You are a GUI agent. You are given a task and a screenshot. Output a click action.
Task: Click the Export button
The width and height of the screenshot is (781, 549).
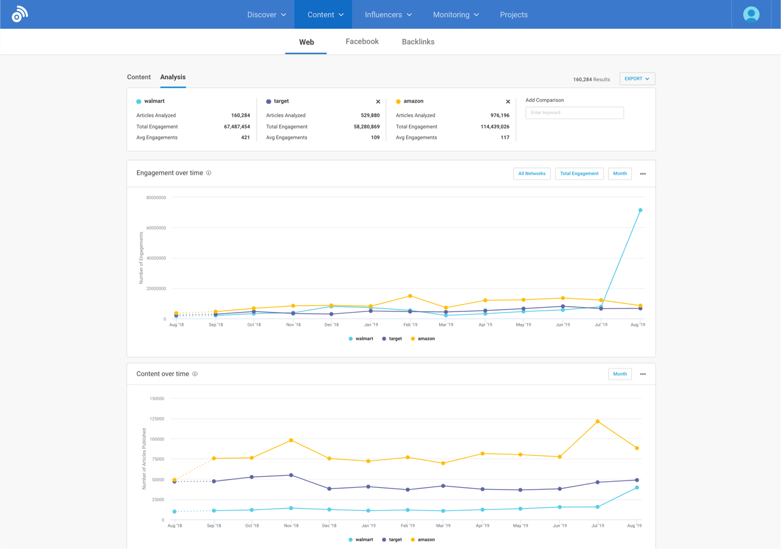pyautogui.click(x=637, y=79)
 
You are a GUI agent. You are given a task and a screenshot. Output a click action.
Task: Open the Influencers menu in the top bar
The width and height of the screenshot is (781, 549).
pyautogui.click(x=388, y=14)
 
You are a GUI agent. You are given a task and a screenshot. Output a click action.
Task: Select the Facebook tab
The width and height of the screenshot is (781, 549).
pyautogui.click(x=362, y=41)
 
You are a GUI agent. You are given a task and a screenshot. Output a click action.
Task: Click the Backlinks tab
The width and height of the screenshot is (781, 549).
pyautogui.click(x=418, y=42)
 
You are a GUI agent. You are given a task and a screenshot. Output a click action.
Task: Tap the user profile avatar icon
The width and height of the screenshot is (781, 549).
pyautogui.click(x=751, y=14)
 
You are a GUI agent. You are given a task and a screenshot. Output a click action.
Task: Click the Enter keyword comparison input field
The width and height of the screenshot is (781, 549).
pyautogui.click(x=574, y=113)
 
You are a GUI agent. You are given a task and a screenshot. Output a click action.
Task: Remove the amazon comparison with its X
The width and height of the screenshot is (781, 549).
pyautogui.click(x=508, y=102)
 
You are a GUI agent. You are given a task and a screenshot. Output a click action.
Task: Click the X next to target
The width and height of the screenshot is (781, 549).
pyautogui.click(x=378, y=102)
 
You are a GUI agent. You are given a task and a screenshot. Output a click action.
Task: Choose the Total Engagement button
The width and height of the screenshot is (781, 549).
pyautogui.click(x=579, y=173)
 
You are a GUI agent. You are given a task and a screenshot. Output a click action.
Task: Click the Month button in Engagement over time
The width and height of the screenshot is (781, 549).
pyautogui.click(x=619, y=173)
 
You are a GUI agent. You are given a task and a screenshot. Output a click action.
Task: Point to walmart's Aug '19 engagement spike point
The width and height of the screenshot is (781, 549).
pyautogui.click(x=640, y=211)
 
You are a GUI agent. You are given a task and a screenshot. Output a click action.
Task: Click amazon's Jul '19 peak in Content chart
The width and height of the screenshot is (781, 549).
pyautogui.click(x=597, y=422)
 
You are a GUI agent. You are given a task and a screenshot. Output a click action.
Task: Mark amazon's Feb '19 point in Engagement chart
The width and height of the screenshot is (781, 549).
pyautogui.click(x=410, y=296)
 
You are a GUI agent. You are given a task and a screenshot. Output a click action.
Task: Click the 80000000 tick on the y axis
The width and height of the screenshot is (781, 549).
pyautogui.click(x=156, y=197)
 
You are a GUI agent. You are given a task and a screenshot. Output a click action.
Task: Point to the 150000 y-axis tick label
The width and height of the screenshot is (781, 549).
pyautogui.click(x=157, y=398)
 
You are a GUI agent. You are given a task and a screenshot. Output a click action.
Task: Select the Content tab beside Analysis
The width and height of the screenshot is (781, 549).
pyautogui.click(x=139, y=77)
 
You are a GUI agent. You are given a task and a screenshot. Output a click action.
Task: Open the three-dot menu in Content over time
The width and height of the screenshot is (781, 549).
pyautogui.click(x=643, y=374)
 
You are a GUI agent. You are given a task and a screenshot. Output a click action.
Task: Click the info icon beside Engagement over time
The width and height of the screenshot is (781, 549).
pyautogui.click(x=208, y=173)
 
